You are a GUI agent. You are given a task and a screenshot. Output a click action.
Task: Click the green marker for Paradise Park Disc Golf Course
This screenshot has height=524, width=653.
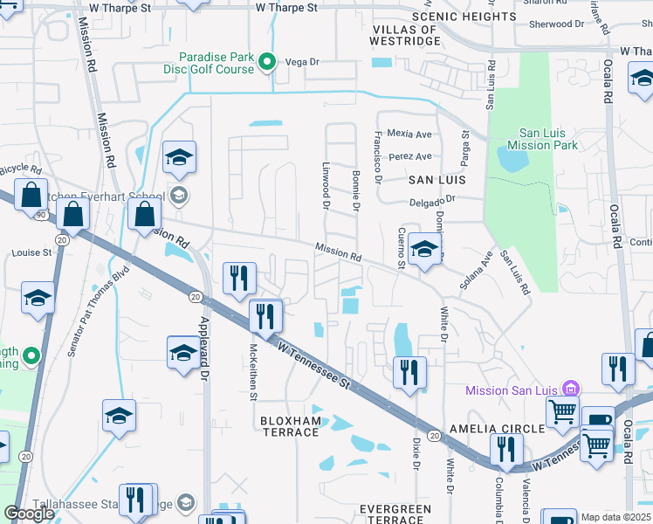click(269, 61)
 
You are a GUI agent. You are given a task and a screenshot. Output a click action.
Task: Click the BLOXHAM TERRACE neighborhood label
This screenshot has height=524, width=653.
click(291, 426)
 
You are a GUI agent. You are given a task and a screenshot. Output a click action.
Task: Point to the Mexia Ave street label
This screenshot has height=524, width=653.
click(410, 134)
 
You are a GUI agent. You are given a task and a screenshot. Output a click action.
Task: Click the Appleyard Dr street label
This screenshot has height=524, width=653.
click(204, 359)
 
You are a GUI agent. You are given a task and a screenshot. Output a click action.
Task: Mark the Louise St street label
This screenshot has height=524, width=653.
click(32, 252)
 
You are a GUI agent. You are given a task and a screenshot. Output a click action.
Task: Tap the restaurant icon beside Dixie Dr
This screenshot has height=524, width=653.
click(409, 372)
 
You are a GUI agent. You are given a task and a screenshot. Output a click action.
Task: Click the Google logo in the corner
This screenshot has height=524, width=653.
click(29, 514)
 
